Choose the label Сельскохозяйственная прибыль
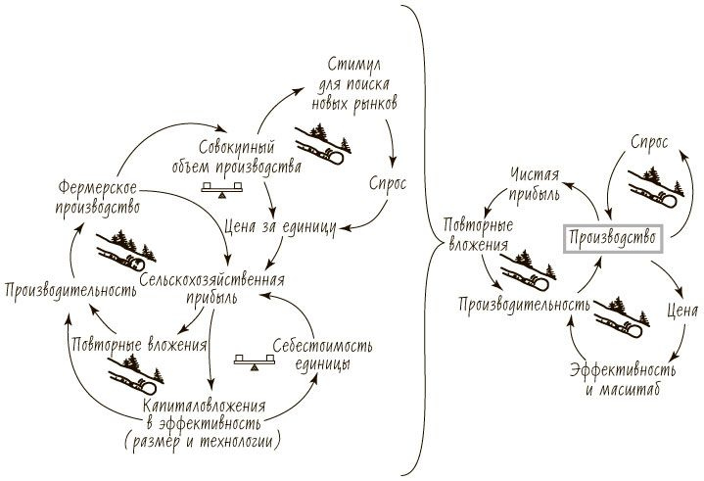coord(216,288)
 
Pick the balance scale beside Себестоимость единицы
coord(251,362)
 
